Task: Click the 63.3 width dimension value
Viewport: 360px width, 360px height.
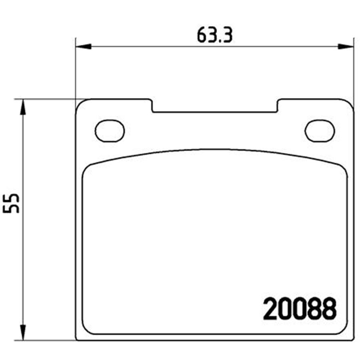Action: coord(215,36)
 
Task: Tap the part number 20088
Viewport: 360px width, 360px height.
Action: coord(299,309)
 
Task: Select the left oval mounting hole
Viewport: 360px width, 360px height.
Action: coord(110,130)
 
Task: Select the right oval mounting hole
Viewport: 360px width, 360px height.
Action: coord(320,130)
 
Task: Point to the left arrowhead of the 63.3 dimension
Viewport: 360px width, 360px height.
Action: coord(84,47)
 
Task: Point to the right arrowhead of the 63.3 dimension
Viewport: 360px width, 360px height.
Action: coord(346,47)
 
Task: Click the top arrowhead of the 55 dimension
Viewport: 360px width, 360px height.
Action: coord(23,108)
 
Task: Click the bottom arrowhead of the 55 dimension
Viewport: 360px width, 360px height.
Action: coord(23,332)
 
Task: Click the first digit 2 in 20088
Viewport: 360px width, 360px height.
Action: coord(271,309)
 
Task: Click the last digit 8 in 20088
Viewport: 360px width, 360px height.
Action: coord(328,309)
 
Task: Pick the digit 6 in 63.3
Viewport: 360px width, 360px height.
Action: coord(202,36)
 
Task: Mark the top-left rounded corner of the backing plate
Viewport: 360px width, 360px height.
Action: coord(80,104)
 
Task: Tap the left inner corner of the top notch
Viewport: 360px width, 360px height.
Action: coord(153,111)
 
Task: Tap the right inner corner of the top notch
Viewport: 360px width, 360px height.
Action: coord(277,111)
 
